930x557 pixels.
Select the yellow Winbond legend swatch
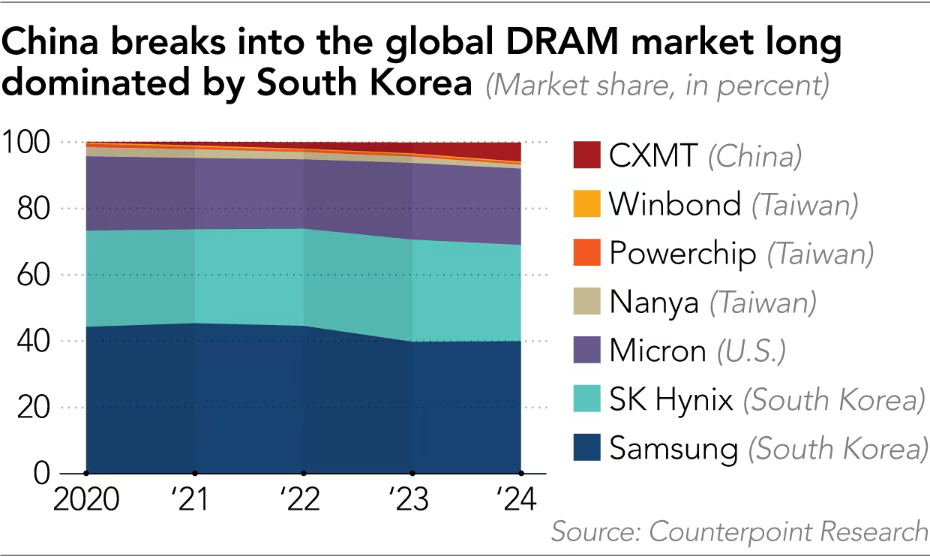tap(586, 204)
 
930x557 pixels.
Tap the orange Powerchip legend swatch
tap(586, 253)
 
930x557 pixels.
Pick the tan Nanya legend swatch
tap(586, 302)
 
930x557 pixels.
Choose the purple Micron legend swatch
tap(586, 351)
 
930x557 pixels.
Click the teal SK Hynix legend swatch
tap(586, 399)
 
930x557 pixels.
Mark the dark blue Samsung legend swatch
tap(586, 448)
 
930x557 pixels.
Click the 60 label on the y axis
tap(32, 275)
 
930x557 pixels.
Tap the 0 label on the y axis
tap(42, 474)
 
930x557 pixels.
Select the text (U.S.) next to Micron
tap(750, 351)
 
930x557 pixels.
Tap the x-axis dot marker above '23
tap(412, 473)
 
